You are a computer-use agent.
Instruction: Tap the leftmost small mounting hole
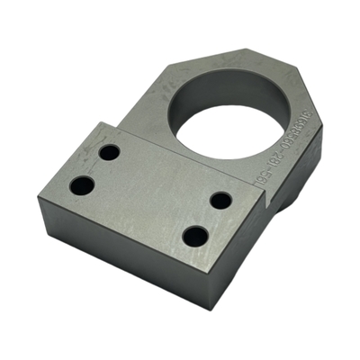(82, 186)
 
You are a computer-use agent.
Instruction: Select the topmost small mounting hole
(109, 152)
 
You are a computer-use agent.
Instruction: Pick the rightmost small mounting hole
(221, 200)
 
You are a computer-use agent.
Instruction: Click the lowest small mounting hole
(195, 238)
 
